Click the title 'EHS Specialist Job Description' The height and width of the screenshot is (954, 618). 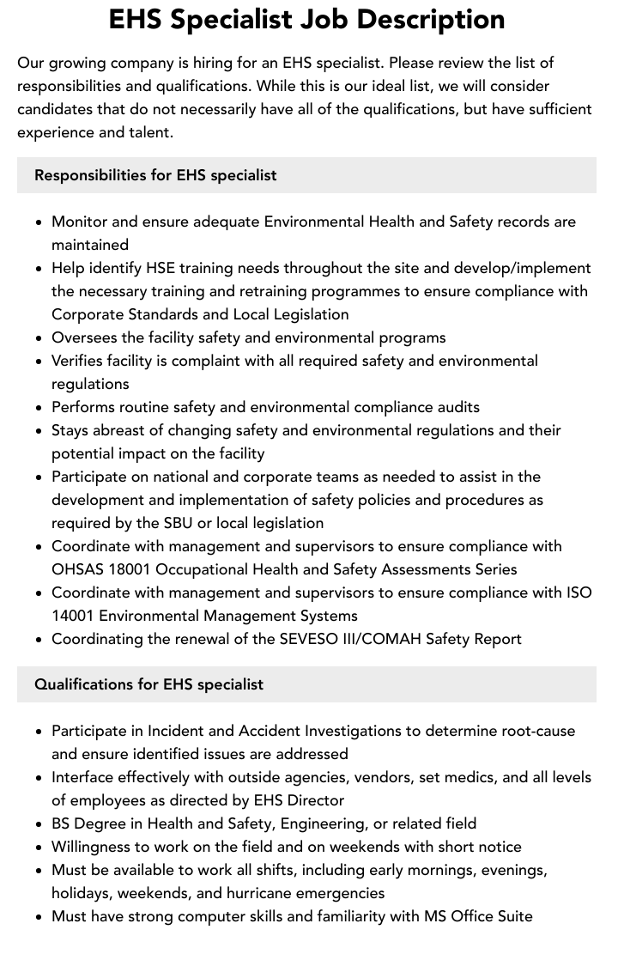(306, 19)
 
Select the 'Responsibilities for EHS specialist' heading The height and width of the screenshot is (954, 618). (155, 175)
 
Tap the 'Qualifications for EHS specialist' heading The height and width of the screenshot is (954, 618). (148, 684)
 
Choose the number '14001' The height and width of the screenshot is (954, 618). (76, 616)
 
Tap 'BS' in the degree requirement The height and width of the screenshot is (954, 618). (63, 823)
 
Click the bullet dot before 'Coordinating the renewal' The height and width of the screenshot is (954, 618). (39, 640)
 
